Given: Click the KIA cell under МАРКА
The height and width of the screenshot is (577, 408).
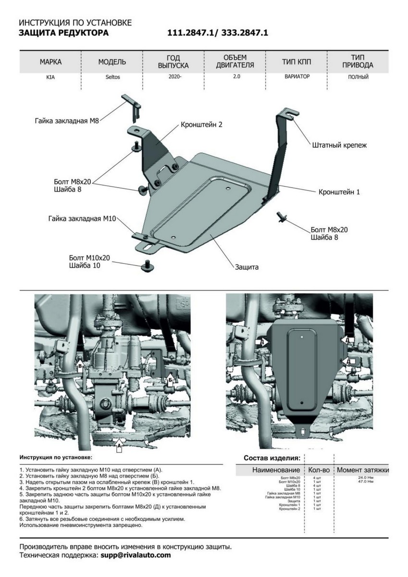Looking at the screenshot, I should tap(50, 77).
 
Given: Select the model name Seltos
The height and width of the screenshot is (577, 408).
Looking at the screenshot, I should tap(112, 77).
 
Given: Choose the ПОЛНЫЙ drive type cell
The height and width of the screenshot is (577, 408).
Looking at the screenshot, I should tap(358, 77).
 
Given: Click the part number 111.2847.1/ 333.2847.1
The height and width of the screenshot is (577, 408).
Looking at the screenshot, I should tap(217, 33).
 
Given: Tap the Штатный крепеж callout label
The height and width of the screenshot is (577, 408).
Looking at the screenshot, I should tap(339, 144).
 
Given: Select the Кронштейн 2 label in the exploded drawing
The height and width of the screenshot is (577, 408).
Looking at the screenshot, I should tap(202, 124).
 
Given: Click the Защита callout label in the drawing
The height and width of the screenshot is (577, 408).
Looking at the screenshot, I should tap(247, 267).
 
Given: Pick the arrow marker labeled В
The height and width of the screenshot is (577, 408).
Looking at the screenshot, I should tap(80, 366).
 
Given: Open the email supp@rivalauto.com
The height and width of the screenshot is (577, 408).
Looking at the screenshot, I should tap(136, 555).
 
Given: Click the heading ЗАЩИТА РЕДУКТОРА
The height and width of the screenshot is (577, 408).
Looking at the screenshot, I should tap(63, 33).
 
